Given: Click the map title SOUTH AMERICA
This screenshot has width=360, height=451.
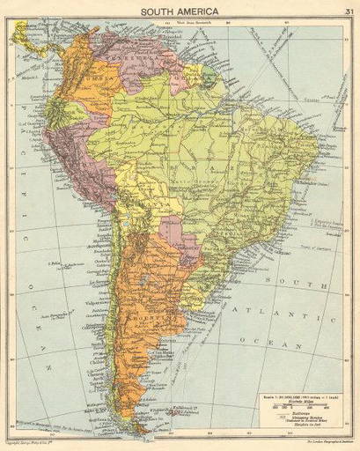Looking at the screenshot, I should point(180,10).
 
